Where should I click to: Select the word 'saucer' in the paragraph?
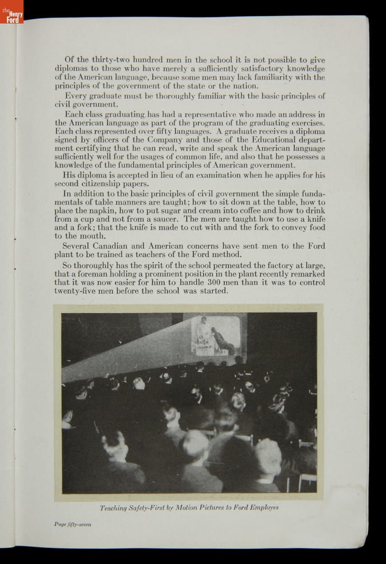165,219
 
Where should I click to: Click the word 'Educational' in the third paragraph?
270,140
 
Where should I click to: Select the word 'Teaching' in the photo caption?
112,508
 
